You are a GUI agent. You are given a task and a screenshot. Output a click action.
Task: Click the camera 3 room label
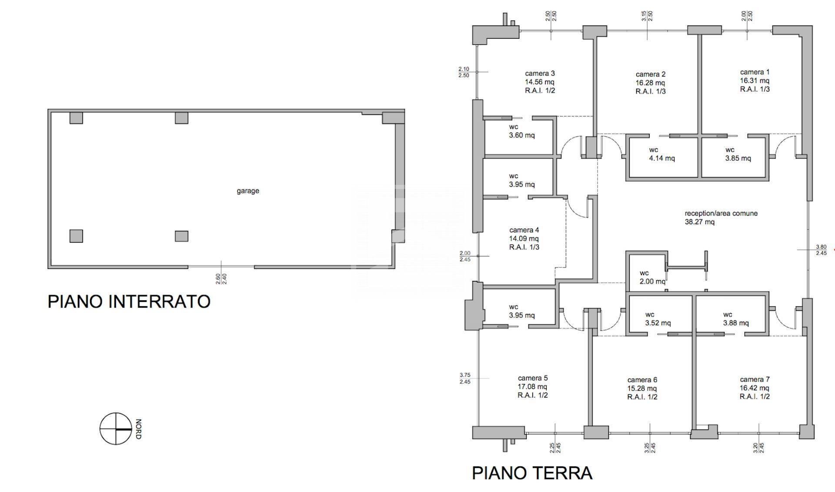click(540, 73)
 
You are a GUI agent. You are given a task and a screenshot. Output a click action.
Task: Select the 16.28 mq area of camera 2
click(650, 83)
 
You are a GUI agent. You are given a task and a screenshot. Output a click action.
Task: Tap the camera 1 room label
click(755, 72)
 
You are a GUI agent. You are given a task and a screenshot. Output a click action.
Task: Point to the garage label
click(248, 191)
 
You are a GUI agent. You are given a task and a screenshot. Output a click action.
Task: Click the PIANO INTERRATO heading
click(129, 302)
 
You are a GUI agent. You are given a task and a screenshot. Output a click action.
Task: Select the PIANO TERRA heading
click(532, 473)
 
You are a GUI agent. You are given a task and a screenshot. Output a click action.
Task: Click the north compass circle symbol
click(115, 429)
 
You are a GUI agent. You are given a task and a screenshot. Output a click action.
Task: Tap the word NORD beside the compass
click(138, 429)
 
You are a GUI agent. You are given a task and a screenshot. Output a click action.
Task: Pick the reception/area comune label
click(721, 213)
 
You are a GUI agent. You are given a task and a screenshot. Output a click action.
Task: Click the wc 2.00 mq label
click(652, 277)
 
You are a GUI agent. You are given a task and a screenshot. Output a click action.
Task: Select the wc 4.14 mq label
click(661, 154)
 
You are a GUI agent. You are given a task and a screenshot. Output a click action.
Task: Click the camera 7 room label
click(755, 379)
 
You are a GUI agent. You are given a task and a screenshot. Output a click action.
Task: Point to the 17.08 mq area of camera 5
click(533, 387)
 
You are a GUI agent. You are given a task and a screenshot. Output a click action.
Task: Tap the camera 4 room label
click(524, 230)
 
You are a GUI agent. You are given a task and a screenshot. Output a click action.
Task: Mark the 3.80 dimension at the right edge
click(821, 246)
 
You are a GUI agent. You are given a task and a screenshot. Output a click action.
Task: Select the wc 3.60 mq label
click(521, 131)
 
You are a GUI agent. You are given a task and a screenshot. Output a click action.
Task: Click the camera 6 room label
click(642, 380)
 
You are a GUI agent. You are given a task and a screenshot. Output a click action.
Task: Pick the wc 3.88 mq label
click(735, 319)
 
